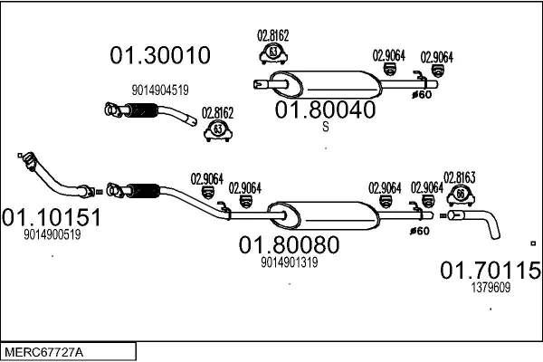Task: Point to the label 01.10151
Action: tap(51, 218)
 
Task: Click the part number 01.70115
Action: tap(491, 270)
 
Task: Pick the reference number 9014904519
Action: tap(159, 90)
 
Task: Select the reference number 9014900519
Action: tap(52, 234)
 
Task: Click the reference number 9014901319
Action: tap(289, 262)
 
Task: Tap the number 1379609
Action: tap(491, 287)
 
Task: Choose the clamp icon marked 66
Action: tap(460, 195)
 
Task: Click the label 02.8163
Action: tap(460, 176)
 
